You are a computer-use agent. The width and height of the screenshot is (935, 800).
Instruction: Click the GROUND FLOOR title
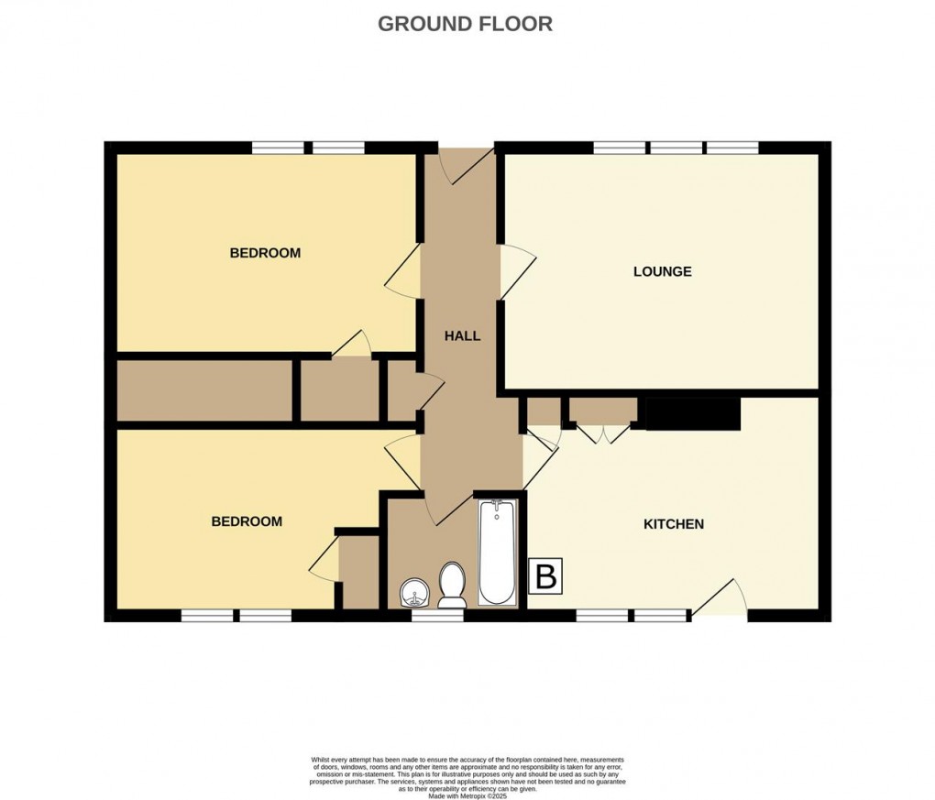point(465,24)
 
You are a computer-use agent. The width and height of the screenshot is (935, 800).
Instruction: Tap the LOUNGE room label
point(662,271)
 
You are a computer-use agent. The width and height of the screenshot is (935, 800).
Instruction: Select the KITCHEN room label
point(673,524)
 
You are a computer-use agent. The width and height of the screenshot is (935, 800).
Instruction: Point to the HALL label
point(462,336)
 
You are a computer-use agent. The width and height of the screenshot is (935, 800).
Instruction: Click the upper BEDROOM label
point(265,253)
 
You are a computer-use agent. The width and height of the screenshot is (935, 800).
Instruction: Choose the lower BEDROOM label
point(247,521)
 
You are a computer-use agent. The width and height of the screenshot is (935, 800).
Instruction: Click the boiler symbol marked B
point(545,577)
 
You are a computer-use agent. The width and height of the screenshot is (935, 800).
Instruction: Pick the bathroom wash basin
point(413,594)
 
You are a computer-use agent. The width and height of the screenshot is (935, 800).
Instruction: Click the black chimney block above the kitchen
point(692,413)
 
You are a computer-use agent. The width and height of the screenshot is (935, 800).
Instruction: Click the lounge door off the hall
point(515,271)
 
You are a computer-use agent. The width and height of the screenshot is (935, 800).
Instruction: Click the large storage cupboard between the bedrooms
point(203,391)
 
